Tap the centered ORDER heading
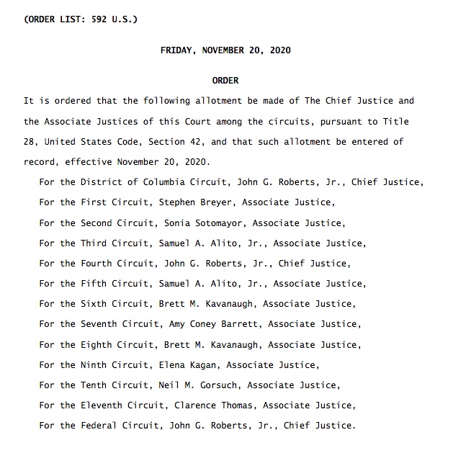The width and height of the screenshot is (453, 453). pos(225,81)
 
